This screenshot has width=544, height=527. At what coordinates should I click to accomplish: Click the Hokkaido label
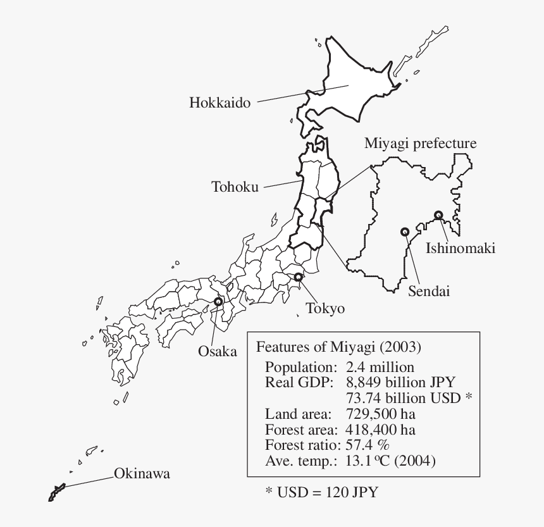(x=220, y=102)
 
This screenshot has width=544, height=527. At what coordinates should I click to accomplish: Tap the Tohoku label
(x=235, y=187)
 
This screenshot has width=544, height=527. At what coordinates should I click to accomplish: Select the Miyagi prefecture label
(x=420, y=144)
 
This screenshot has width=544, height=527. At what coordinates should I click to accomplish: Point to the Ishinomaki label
(x=460, y=248)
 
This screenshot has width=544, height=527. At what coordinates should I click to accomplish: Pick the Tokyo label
(x=325, y=309)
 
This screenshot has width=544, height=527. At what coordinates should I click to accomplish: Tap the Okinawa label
(x=142, y=474)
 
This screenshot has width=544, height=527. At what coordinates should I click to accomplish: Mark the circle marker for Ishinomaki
(x=438, y=215)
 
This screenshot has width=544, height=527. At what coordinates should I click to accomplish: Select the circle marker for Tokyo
(x=299, y=277)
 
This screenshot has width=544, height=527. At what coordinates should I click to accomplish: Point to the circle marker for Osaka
(x=219, y=302)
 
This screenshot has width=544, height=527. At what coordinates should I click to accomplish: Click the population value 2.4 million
(x=380, y=367)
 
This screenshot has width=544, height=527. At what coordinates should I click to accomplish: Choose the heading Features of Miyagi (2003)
(x=338, y=347)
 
